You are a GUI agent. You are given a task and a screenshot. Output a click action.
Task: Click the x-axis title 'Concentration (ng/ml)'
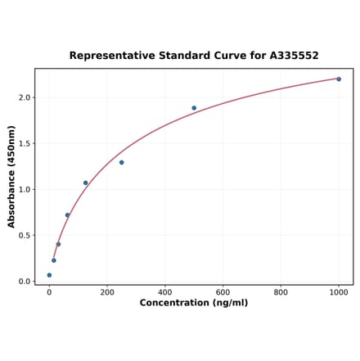pos(194,303)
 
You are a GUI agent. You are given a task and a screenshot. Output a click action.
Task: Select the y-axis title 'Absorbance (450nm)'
pos(11,176)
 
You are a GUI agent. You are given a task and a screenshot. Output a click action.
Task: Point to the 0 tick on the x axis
pos(49,291)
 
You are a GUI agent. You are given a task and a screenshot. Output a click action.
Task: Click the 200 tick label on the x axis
pos(107,291)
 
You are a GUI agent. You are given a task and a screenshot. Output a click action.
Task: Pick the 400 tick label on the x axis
pos(165,291)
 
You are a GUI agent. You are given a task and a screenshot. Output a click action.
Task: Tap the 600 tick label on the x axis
pos(223,291)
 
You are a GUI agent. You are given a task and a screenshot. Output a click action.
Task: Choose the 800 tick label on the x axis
pos(281,291)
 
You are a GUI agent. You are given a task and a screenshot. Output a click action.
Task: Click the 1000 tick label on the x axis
pos(339,291)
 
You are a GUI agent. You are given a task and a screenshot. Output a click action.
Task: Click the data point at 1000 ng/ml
pos(339,79)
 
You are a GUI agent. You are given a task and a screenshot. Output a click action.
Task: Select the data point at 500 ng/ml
pos(194,108)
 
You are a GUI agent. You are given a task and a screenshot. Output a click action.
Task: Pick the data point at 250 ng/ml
pos(122,162)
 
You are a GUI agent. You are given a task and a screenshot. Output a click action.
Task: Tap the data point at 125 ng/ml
pos(85,183)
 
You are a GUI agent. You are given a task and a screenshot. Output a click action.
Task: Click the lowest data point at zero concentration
pos(49,275)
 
